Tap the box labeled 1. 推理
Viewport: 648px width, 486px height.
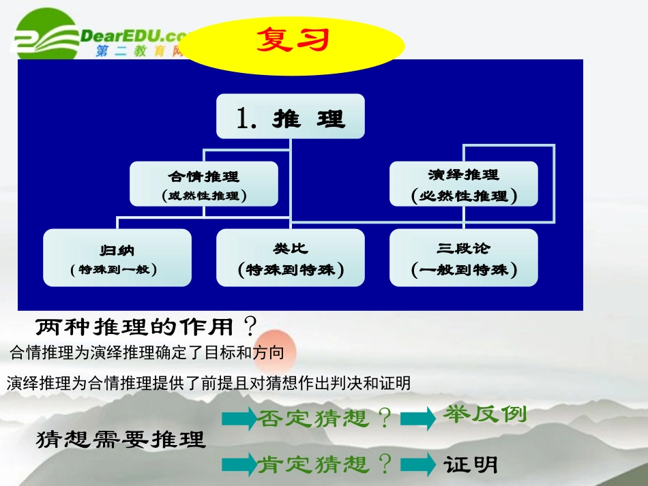tap(291, 117)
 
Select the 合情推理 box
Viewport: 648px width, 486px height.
tap(204, 184)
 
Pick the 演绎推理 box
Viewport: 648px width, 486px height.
tap(464, 184)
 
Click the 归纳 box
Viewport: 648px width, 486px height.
tap(117, 258)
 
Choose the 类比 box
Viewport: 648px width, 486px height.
tap(291, 258)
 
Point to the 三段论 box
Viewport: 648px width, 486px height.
tap(464, 258)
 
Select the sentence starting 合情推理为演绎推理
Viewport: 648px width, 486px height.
tap(147, 352)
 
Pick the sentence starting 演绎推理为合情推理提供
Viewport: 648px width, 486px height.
tap(209, 383)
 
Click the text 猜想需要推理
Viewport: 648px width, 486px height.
tap(120, 439)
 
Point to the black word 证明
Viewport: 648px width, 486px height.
tap(471, 465)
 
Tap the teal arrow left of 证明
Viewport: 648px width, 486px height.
tap(417, 466)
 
